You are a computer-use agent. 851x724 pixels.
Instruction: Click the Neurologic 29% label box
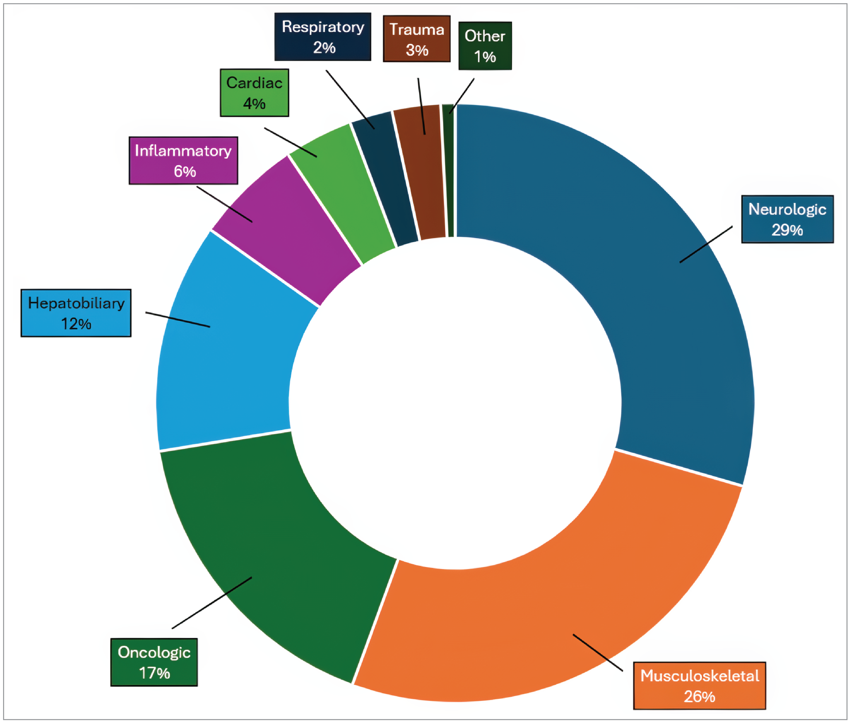coord(787,219)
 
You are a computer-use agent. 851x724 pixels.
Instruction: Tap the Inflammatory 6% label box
coord(183,160)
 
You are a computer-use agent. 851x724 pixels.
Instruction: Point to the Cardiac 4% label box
coord(254,93)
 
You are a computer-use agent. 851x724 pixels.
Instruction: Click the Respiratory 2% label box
coord(323,37)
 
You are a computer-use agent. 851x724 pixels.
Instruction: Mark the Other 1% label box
coord(485,46)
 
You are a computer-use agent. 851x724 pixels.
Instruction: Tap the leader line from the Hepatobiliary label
coord(178,319)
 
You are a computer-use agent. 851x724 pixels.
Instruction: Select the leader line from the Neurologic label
coord(706,244)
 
